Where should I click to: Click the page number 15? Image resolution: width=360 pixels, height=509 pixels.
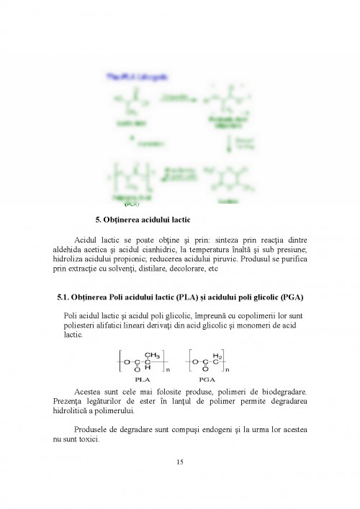coord(180,461)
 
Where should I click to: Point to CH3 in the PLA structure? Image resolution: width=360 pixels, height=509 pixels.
coord(151,354)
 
